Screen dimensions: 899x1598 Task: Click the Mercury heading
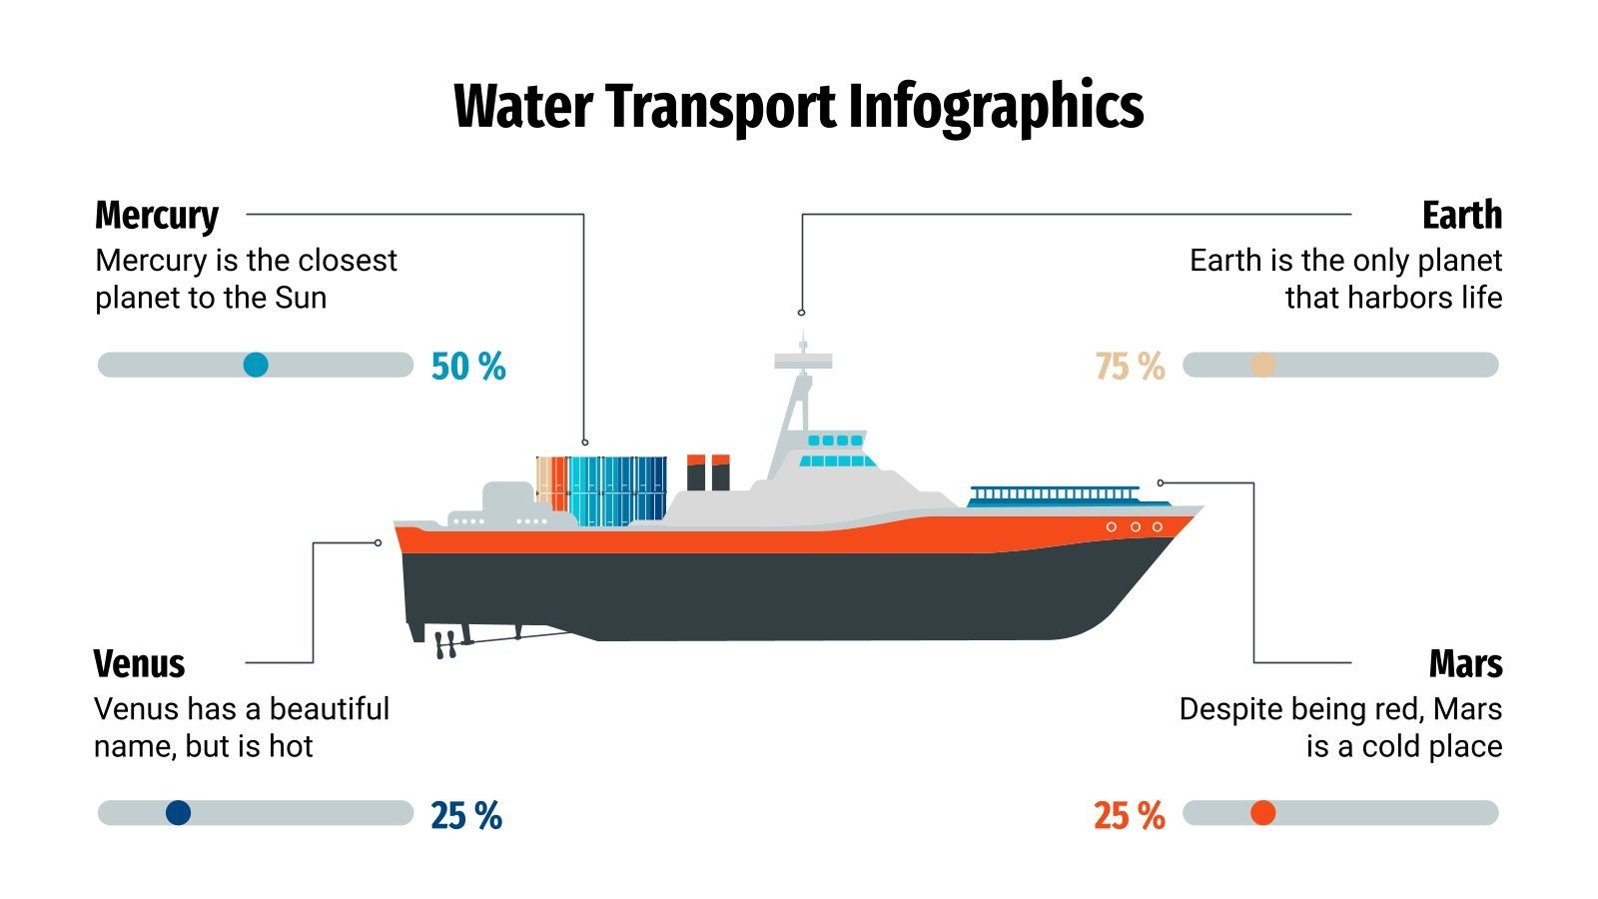click(157, 215)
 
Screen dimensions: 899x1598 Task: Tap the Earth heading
click(1461, 215)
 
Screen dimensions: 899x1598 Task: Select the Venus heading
click(139, 663)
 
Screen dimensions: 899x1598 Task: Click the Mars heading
click(1465, 663)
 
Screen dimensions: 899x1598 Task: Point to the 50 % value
click(468, 367)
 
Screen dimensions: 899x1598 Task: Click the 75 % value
click(1130, 367)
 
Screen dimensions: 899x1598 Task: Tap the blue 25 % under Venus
click(466, 816)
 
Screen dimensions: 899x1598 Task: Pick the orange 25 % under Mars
click(1129, 816)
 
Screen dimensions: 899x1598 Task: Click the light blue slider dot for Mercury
click(256, 365)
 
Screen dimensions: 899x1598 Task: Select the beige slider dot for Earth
click(1263, 365)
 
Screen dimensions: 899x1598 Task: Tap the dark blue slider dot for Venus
click(178, 813)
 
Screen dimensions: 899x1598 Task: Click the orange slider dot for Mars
click(1263, 813)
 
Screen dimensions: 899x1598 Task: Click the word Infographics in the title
click(996, 106)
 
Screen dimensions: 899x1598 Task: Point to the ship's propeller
click(445, 644)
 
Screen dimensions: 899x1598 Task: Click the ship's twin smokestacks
click(708, 472)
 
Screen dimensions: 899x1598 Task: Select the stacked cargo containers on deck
click(602, 489)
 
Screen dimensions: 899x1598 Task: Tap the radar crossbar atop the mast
click(803, 361)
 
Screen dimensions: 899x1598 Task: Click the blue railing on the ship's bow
click(1054, 494)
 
